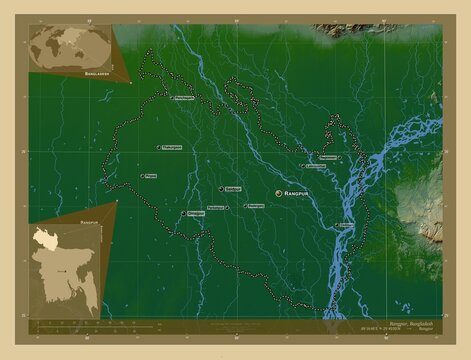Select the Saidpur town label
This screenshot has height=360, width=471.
point(233,189)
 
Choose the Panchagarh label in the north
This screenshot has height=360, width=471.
point(183,98)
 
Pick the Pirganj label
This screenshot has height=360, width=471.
point(151,175)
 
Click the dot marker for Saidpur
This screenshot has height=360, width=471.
point(220,189)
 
